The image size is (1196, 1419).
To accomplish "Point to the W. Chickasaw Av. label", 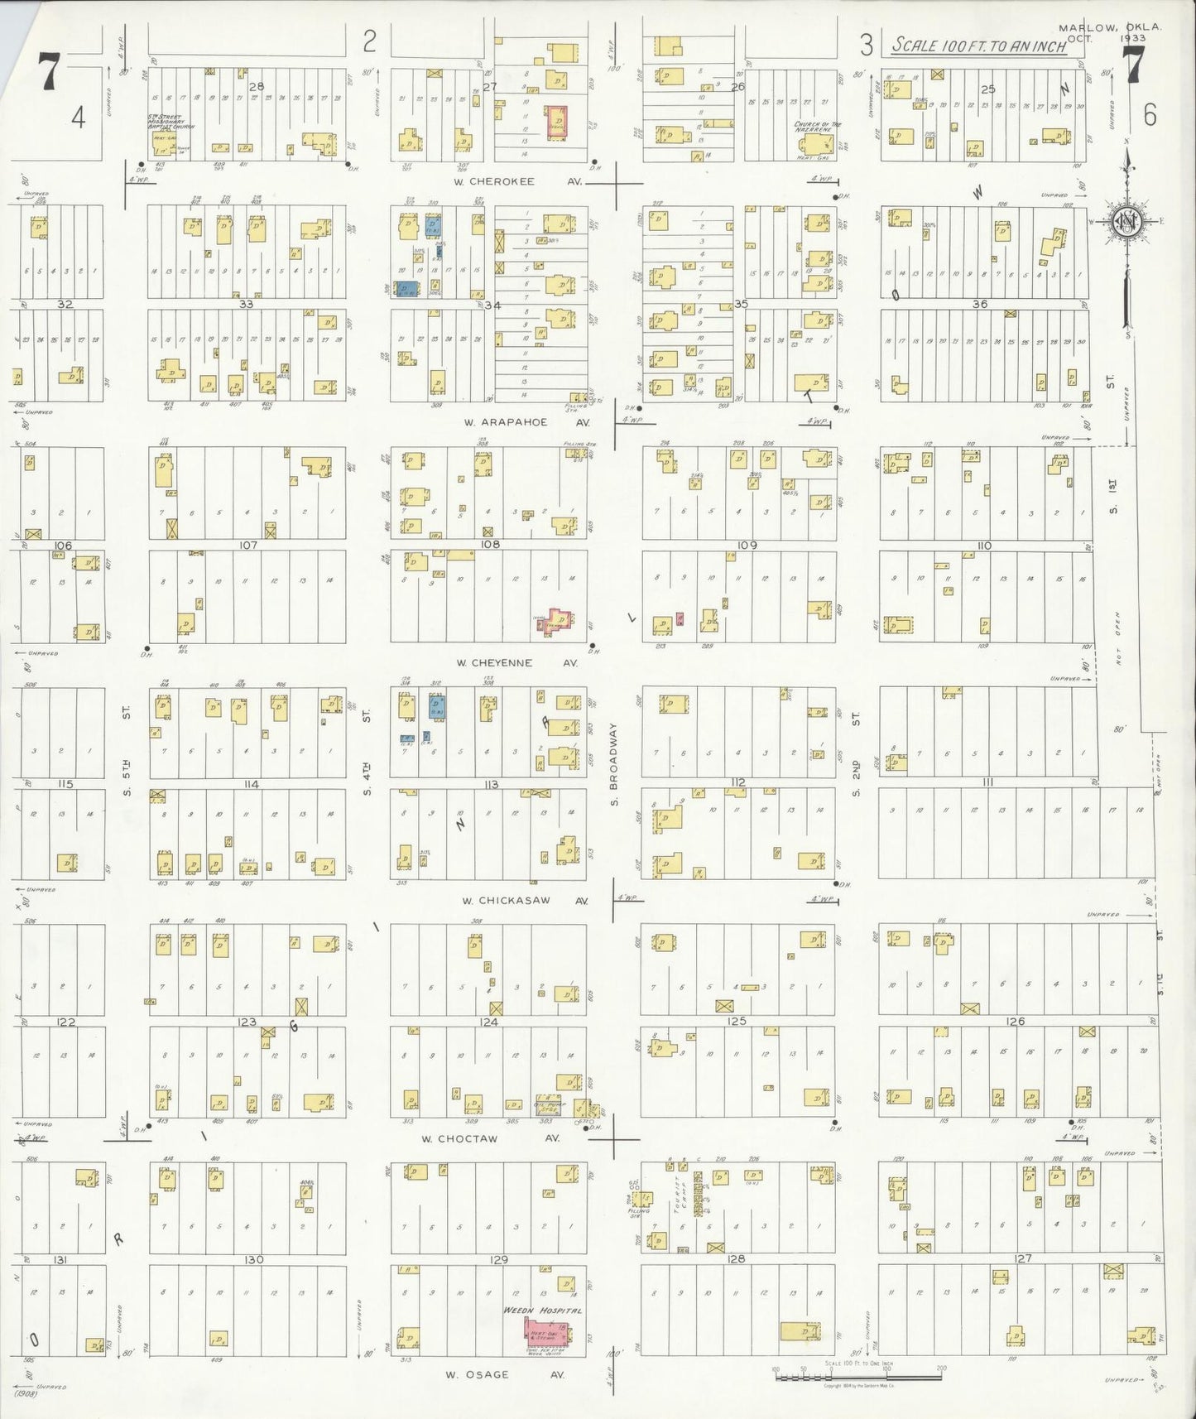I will click(523, 900).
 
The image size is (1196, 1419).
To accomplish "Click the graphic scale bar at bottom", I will click(857, 1378).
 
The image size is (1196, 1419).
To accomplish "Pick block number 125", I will click(737, 1022).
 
